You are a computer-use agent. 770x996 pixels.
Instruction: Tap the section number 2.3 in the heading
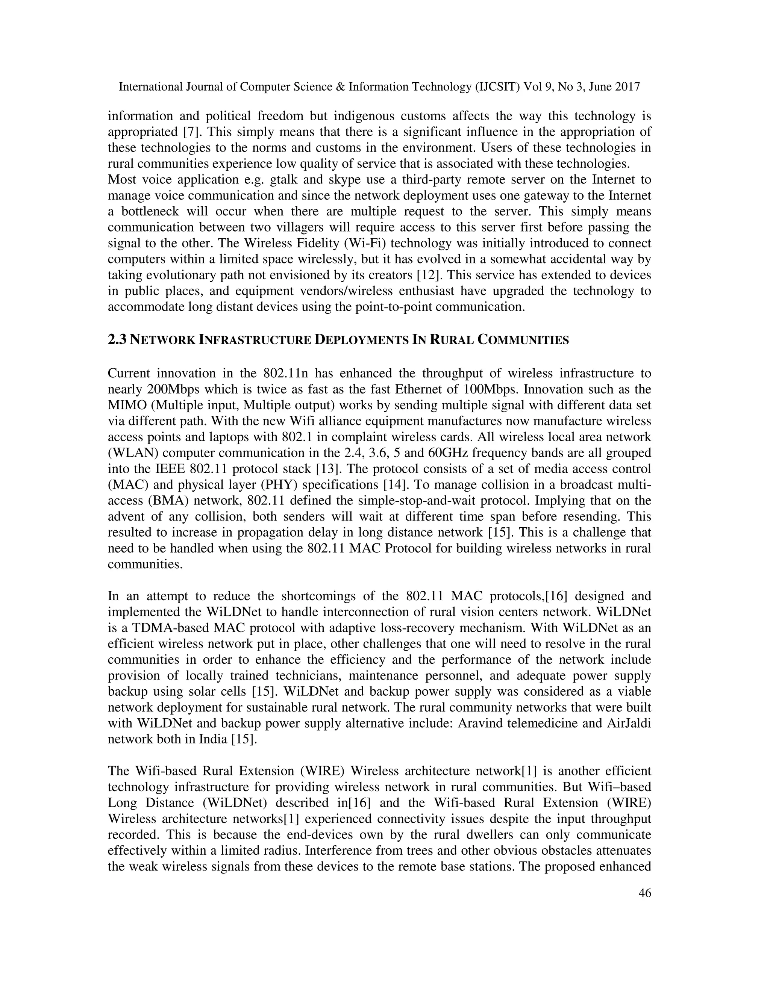(x=117, y=340)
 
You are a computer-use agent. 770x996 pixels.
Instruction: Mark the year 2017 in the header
(x=628, y=87)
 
